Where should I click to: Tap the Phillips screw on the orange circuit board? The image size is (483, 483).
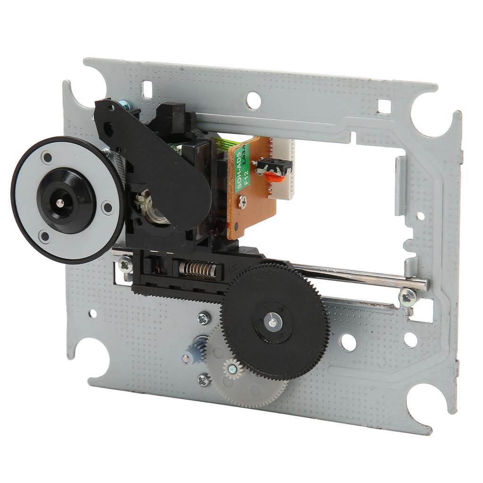tap(242, 203)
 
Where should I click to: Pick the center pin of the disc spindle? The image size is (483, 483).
tap(60, 203)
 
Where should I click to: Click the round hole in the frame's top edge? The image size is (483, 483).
tap(254, 100)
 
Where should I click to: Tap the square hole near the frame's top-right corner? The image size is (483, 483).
tap(384, 107)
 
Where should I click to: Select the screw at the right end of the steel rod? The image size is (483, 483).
tap(407, 297)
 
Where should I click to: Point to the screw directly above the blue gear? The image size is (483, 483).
tap(204, 318)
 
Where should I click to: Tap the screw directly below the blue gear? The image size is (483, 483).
tap(204, 379)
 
